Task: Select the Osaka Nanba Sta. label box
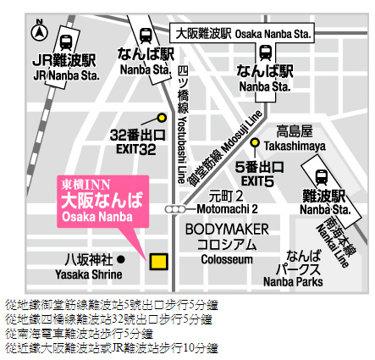point(242,33)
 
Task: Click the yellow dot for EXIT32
point(161,118)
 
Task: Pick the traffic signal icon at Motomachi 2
point(174,208)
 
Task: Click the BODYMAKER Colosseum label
point(227,242)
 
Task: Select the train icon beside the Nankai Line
point(321,176)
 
